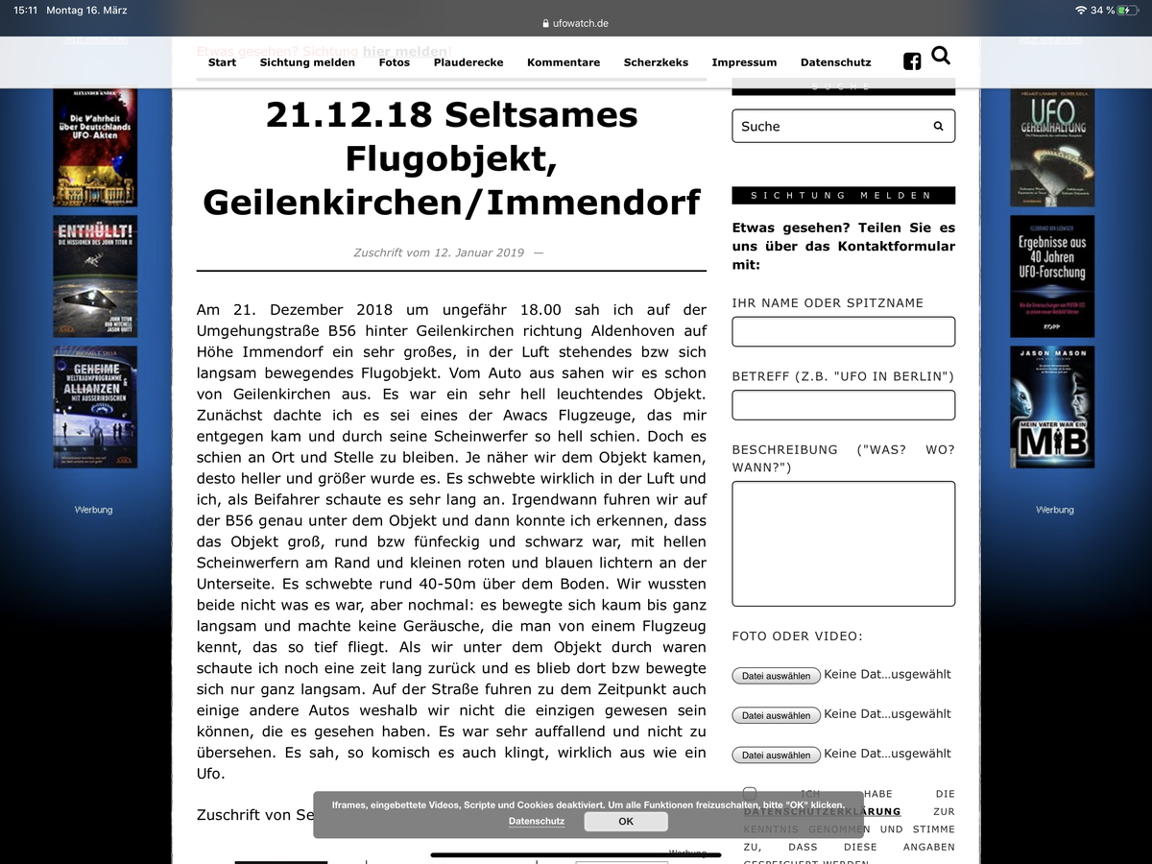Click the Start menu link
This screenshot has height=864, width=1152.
222,62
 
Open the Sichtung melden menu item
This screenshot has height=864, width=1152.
307,62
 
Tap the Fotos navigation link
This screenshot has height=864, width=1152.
394,62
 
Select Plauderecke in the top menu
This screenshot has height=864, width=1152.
468,62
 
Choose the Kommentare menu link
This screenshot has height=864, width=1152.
564,62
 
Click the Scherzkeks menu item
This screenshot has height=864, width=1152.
656,62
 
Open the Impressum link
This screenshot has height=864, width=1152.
744,62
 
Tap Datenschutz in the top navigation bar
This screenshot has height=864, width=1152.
835,62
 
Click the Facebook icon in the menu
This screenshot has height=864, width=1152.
912,61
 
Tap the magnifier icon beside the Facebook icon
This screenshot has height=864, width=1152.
941,56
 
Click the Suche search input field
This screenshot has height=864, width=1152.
830,126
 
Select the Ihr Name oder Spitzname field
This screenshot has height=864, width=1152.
843,331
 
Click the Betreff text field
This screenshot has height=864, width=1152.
843,405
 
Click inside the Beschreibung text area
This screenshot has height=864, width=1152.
843,543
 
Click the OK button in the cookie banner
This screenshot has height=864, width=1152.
626,821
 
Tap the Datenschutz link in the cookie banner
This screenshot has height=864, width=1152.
537,821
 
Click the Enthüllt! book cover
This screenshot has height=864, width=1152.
95,276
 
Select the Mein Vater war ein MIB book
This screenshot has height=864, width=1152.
1052,408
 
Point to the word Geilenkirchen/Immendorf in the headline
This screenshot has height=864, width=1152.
451,203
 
